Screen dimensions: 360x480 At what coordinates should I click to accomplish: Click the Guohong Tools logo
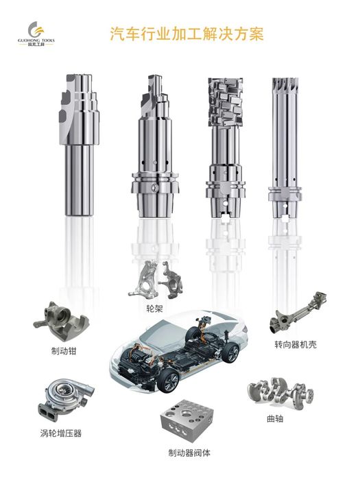(36, 34)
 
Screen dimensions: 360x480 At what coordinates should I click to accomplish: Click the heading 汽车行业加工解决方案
(187, 34)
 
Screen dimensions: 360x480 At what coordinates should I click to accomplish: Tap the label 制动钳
(64, 351)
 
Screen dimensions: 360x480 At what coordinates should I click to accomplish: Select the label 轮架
(154, 309)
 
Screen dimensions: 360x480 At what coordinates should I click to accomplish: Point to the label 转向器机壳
(296, 345)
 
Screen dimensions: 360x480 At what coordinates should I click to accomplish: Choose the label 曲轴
(275, 418)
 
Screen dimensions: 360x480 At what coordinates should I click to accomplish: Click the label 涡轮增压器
(61, 433)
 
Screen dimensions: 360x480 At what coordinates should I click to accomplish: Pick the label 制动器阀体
(189, 453)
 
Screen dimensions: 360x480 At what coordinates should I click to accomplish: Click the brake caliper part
(61, 322)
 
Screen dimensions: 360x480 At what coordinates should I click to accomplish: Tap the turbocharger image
(65, 397)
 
